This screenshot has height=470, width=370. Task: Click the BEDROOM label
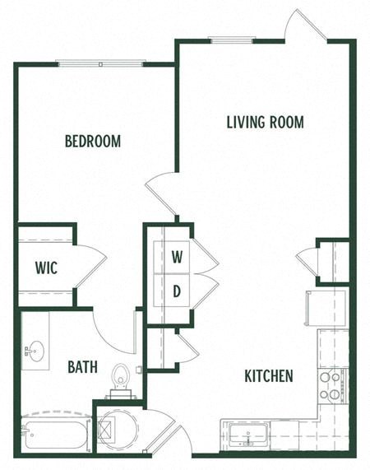93,142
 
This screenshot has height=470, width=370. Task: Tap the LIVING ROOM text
265,123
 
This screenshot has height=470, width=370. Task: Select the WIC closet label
45,267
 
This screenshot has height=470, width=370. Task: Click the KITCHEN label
269,377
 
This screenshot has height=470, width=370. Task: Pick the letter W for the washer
177,256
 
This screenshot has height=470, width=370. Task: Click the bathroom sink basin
35,351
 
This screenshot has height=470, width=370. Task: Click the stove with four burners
330,385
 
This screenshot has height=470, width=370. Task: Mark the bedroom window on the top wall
100,63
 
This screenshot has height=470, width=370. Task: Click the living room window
229,39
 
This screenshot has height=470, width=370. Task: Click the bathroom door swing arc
113,333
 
